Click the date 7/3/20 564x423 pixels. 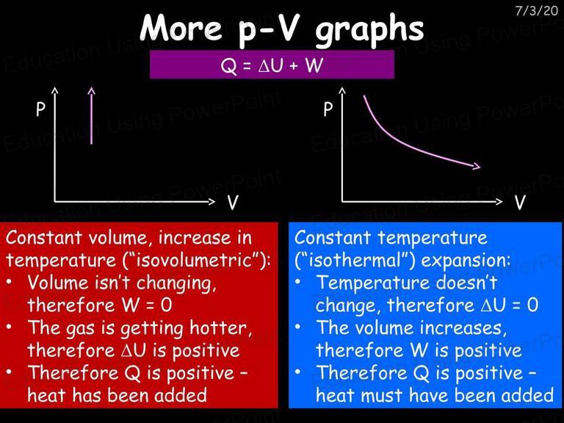tap(536, 10)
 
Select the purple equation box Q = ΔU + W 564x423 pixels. tap(272, 65)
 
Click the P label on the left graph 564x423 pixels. tap(40, 109)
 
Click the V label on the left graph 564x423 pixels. tap(233, 203)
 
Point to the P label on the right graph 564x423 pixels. tap(328, 109)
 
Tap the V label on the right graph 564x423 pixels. tap(520, 203)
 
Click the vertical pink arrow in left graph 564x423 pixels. tap(91, 115)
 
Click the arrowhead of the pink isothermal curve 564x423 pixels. tap(477, 166)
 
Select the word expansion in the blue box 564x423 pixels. tap(465, 261)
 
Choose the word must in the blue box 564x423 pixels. tap(381, 395)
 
